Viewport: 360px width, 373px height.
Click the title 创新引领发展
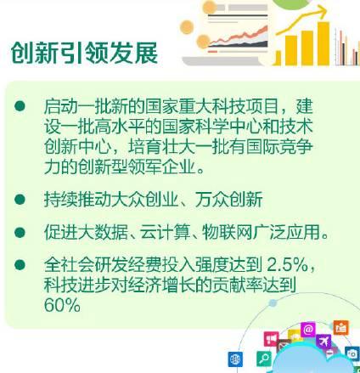(84, 53)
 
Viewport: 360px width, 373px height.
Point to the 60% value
(62, 305)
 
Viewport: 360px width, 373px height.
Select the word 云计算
(165, 232)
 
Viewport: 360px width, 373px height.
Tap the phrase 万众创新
(228, 200)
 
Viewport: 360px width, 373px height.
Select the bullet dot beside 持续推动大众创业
(20, 200)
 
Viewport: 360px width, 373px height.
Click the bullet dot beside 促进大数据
(20, 232)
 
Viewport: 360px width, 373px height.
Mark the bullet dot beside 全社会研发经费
(20, 265)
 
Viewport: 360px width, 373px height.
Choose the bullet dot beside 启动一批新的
(20, 106)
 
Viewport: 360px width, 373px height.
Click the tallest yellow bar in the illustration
(323, 43)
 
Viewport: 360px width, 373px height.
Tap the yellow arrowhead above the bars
(322, 11)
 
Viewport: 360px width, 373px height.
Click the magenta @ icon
(308, 330)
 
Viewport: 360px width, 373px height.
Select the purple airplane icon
(324, 341)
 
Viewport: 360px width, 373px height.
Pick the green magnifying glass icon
(264, 359)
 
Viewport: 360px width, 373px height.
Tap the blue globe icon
(235, 359)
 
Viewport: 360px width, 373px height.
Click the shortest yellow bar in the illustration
(278, 58)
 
